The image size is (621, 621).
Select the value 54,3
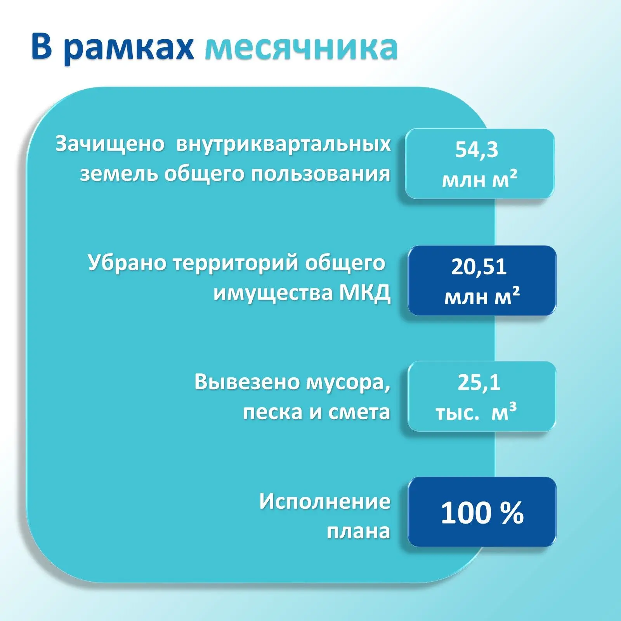coord(477,150)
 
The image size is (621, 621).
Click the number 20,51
coord(479,267)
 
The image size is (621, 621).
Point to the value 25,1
coord(479,382)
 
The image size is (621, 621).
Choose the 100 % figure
coord(482,513)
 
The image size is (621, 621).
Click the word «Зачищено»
coord(110,144)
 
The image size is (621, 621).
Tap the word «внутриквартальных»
coord(283,144)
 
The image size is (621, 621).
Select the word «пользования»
coord(321,174)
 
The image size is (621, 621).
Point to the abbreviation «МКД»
coord(365,293)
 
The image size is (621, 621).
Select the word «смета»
coord(359,412)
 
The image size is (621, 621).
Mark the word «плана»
coord(358,531)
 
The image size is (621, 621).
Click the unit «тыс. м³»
coord(476,412)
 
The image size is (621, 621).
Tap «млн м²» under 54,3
coord(479,180)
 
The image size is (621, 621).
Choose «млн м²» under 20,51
coord(482,297)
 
